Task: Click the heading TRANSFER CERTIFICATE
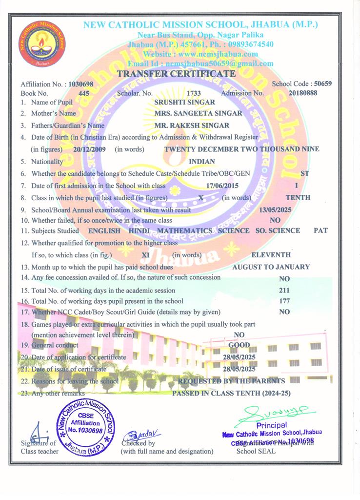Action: (x=177, y=74)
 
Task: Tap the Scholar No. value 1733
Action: (x=194, y=93)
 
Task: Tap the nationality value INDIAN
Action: (x=201, y=161)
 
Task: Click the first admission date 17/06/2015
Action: (x=223, y=186)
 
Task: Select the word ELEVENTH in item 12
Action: (x=271, y=254)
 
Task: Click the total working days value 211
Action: (x=285, y=291)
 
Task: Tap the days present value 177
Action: (x=285, y=301)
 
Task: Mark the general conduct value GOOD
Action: (x=239, y=345)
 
